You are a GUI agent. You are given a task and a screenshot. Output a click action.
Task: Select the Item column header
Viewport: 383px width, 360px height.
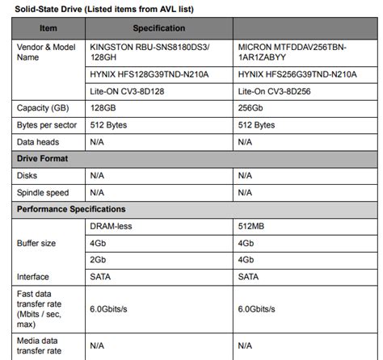click(48, 27)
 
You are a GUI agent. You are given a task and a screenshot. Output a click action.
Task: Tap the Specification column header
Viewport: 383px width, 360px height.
click(158, 27)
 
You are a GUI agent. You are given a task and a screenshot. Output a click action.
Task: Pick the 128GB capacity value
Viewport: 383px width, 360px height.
click(103, 107)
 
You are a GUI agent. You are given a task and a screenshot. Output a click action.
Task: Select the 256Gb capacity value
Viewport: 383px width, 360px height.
click(252, 107)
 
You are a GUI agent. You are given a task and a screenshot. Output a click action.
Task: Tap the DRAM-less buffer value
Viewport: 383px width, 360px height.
click(111, 227)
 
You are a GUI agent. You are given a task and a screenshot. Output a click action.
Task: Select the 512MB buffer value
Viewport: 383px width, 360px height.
click(252, 227)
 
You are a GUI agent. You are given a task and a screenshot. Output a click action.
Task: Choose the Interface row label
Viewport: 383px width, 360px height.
click(32, 276)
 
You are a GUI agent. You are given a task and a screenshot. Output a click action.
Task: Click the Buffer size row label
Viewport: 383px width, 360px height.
click(36, 243)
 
